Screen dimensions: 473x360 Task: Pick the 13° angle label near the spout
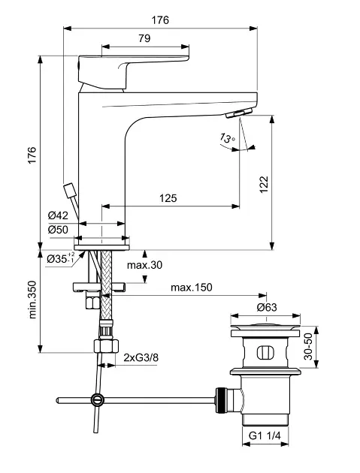point(227,138)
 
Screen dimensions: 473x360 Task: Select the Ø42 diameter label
point(58,215)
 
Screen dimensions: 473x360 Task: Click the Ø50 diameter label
point(58,229)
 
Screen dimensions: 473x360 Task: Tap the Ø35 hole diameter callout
point(60,259)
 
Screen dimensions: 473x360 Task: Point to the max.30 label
point(144,265)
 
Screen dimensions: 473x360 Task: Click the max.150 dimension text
point(192,288)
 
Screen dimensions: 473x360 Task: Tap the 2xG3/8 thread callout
point(141,357)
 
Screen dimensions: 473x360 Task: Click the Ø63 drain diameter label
point(268,307)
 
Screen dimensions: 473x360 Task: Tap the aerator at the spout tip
point(237,112)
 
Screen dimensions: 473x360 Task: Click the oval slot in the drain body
point(268,353)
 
